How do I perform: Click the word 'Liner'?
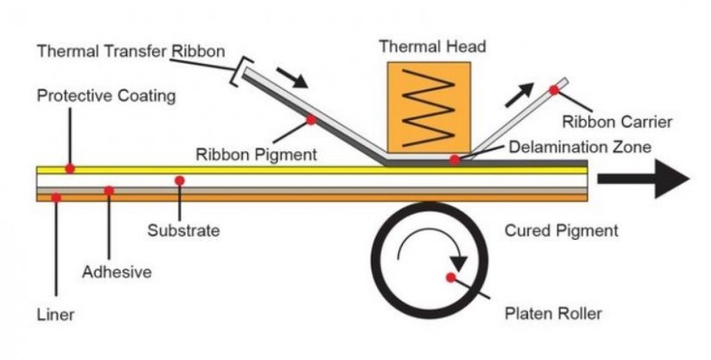(x=56, y=315)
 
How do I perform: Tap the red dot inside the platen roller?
(x=451, y=277)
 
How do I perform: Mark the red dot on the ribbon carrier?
(x=554, y=90)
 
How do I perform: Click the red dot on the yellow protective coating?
(x=70, y=167)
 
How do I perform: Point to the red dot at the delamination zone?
(x=454, y=160)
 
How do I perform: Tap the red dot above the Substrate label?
(x=180, y=180)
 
